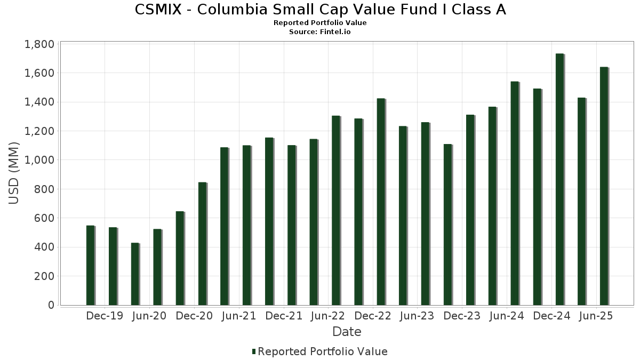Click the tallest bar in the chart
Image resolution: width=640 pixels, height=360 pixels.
[x=559, y=179]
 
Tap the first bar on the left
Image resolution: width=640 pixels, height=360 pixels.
[x=90, y=266]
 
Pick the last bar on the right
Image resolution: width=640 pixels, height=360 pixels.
[x=604, y=186]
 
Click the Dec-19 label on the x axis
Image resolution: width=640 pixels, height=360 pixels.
[x=105, y=316]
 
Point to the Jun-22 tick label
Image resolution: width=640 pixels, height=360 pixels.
[x=329, y=316]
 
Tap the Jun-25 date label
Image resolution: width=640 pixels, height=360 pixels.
[x=596, y=316]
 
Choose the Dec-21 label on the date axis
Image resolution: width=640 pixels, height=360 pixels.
[x=284, y=316]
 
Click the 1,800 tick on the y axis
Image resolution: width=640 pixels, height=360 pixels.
[x=39, y=44]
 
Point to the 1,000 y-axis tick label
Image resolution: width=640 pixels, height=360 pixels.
[x=39, y=160]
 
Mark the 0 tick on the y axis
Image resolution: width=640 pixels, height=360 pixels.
[x=51, y=305]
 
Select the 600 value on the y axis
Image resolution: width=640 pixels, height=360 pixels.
[x=44, y=218]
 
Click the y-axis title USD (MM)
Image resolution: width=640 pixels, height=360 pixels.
[x=14, y=173]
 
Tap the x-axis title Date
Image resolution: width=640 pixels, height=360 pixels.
[x=347, y=332]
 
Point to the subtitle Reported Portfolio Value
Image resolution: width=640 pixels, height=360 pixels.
[x=320, y=23]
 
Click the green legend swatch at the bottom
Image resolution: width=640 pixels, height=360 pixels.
[x=254, y=351]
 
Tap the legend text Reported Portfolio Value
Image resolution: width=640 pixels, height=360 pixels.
[x=323, y=351]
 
